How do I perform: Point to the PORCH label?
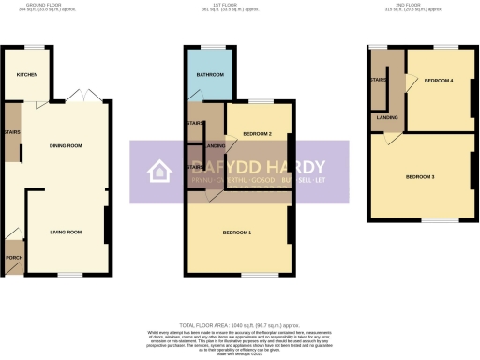point(14,256)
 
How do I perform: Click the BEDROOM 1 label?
point(236,232)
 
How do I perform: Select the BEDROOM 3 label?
point(420,176)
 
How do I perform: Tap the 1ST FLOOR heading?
point(240,5)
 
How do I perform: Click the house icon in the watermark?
point(158,171)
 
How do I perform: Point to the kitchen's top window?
point(37,45)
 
